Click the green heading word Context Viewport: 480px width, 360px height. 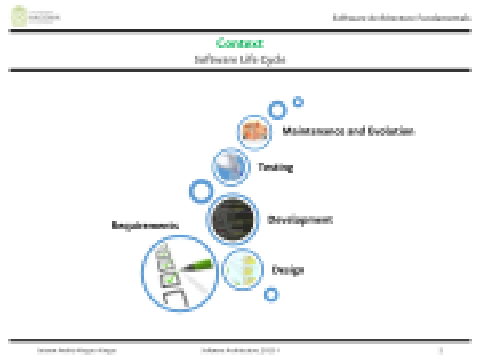pos(239,43)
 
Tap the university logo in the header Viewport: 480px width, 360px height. pos(19,16)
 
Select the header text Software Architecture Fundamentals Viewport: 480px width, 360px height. pos(402,18)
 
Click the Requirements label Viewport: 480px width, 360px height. pos(145,226)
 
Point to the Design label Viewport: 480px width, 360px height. pos(288,270)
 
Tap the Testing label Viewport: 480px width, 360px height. pos(276,167)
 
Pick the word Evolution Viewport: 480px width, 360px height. pos(391,131)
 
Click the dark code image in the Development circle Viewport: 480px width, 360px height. pos(232,219)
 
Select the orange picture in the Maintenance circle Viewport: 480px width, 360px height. pos(255,131)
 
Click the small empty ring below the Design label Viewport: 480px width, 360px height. pos(271,294)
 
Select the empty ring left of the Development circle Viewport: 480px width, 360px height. pos(201,191)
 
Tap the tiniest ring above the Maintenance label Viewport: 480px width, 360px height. pos(298,102)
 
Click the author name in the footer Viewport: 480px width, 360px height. pos(77,350)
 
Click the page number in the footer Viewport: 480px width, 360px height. pos(441,350)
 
